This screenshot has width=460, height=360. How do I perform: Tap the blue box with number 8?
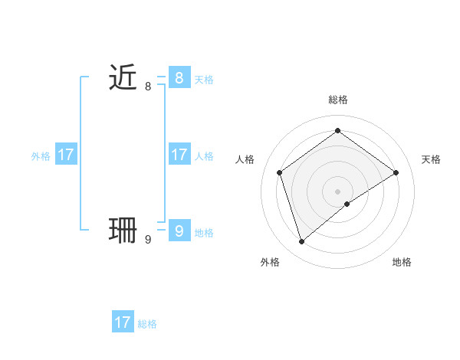tap(179, 77)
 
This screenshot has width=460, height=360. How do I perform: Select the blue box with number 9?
tap(179, 231)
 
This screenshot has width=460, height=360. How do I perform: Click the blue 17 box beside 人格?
tap(179, 155)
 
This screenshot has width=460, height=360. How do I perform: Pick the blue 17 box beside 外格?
tap(66, 155)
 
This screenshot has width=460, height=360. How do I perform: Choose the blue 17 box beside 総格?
tap(123, 322)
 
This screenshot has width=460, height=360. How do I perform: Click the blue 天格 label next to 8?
tap(204, 79)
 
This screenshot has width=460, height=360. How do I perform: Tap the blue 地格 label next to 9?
tap(204, 233)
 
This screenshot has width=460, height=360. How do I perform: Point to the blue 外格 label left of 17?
tap(41, 156)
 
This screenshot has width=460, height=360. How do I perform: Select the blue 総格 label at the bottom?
tap(147, 324)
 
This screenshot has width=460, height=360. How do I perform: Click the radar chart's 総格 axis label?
tap(337, 100)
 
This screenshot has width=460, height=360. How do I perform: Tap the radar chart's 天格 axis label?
tap(432, 159)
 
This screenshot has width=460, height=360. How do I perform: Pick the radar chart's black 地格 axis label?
tap(402, 262)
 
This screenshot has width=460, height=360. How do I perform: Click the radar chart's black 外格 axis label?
tap(270, 262)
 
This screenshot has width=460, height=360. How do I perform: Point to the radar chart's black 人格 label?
tap(245, 159)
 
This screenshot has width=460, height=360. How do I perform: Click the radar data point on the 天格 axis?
tap(396, 172)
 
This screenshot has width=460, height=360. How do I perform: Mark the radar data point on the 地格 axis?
tap(347, 204)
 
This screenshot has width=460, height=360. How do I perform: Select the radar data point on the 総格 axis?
tap(337, 131)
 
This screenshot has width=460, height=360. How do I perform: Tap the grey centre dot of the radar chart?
tap(337, 191)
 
